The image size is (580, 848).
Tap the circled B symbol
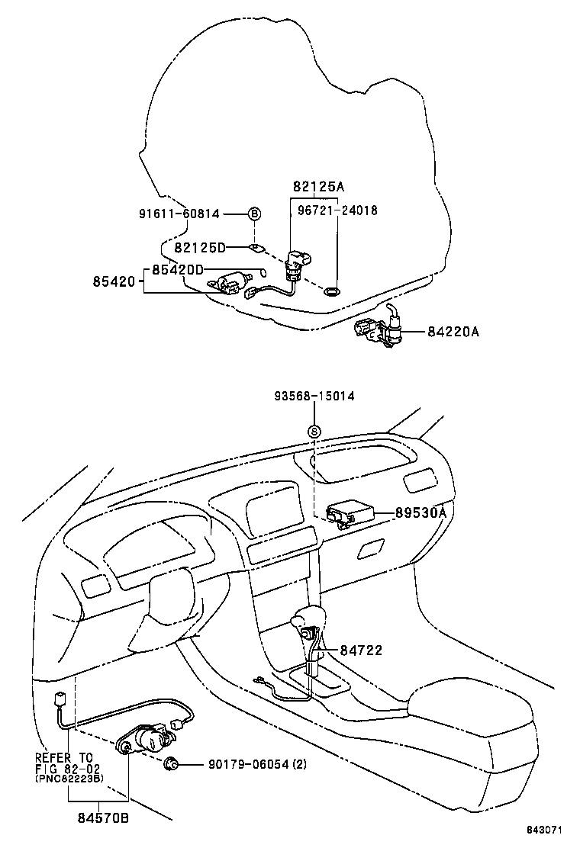click(254, 214)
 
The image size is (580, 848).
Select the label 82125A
click(318, 186)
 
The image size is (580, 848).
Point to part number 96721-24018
click(338, 210)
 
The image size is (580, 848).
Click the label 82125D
click(200, 248)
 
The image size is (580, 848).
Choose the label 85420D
click(177, 269)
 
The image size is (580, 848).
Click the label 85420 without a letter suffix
click(115, 282)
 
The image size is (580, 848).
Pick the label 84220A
click(453, 331)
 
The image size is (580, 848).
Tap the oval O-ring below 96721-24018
click(332, 291)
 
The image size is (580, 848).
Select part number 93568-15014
click(314, 397)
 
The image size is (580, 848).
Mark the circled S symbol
click(314, 432)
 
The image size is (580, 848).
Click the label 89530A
click(420, 513)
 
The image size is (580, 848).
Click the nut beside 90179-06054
click(172, 763)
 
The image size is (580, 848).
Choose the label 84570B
click(101, 818)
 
